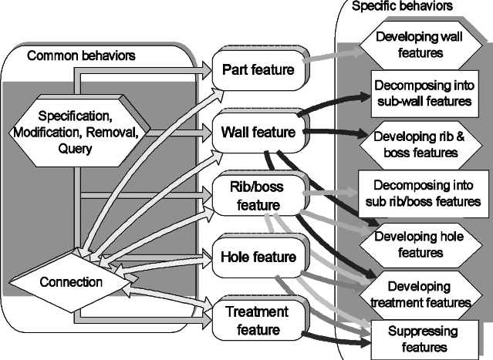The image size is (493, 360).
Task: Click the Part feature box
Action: tap(258, 70)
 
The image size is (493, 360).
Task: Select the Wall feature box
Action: tap(258, 132)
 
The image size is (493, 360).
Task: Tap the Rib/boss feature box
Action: tap(255, 195)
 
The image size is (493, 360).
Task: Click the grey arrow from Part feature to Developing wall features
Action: tap(332, 54)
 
